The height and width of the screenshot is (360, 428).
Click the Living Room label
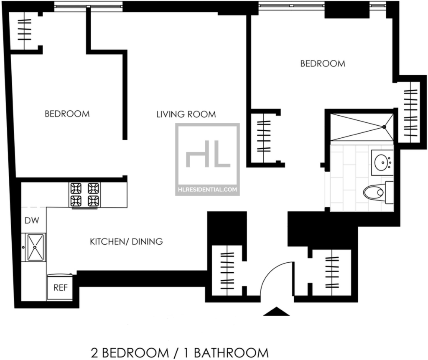[x=186, y=114]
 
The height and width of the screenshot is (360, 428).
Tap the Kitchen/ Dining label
[x=126, y=242]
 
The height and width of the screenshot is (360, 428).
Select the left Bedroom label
[x=67, y=114]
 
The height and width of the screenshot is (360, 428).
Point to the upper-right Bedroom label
[x=323, y=63]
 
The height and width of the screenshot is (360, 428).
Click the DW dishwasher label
[x=32, y=221]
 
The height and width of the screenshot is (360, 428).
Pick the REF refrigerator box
[x=60, y=287]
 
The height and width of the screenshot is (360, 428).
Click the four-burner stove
[x=84, y=195]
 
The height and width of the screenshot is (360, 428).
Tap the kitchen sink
[x=35, y=247]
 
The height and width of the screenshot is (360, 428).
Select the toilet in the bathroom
[x=378, y=193]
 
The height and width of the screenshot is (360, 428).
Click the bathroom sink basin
[x=382, y=162]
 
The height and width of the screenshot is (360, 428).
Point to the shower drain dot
[x=384, y=127]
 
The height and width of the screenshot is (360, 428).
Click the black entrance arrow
[x=276, y=312]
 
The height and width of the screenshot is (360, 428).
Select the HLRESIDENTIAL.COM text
[x=207, y=190]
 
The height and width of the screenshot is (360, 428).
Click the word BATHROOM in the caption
[x=232, y=353]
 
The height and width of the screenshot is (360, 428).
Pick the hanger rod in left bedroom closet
[x=24, y=30]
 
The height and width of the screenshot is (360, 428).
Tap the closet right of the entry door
[x=331, y=272]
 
